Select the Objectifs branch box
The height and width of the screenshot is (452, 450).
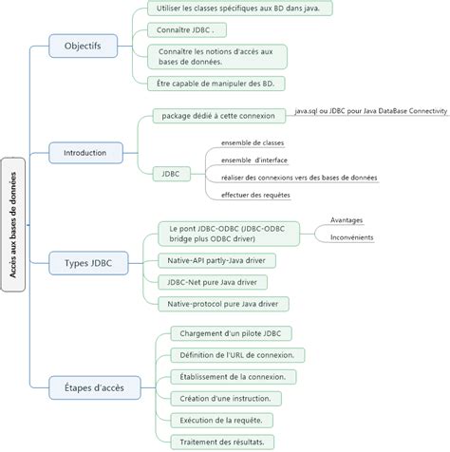point(83,45)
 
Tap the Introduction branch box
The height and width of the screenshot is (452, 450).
point(84,151)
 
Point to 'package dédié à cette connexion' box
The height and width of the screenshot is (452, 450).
point(218,116)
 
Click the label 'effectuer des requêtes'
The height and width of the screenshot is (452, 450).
point(255,195)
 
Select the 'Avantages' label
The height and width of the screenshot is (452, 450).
point(346,219)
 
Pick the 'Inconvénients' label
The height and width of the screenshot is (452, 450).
point(351,236)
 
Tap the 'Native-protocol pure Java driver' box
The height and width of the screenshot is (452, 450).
point(224,303)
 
